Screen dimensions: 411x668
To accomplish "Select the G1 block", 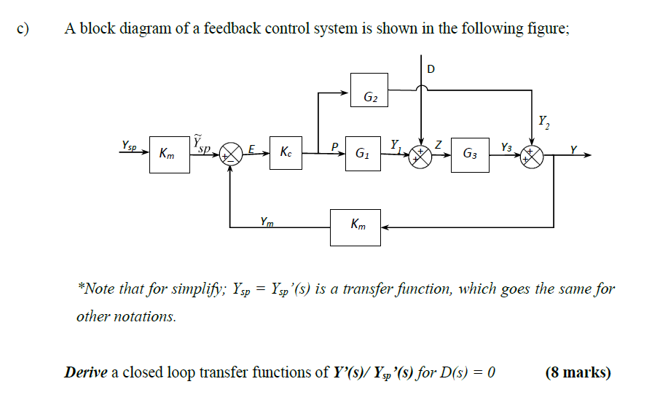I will click(362, 154).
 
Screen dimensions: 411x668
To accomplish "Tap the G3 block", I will click(470, 154).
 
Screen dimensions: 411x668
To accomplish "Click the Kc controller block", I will click(287, 154).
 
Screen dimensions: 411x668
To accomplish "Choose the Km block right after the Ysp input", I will click(169, 154).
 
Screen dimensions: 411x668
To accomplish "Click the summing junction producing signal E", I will click(231, 154).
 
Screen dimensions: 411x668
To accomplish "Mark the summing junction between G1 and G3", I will click(420, 154).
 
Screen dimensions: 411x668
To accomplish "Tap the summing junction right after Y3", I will click(531, 154).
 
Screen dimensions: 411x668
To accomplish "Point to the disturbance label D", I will click(431, 69).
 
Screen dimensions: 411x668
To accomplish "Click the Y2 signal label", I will click(543, 121).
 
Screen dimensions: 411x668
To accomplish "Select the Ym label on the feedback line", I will click(267, 222).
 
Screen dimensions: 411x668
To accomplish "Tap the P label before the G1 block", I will click(335, 147).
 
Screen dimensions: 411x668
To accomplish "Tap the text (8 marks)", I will click(578, 372).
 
